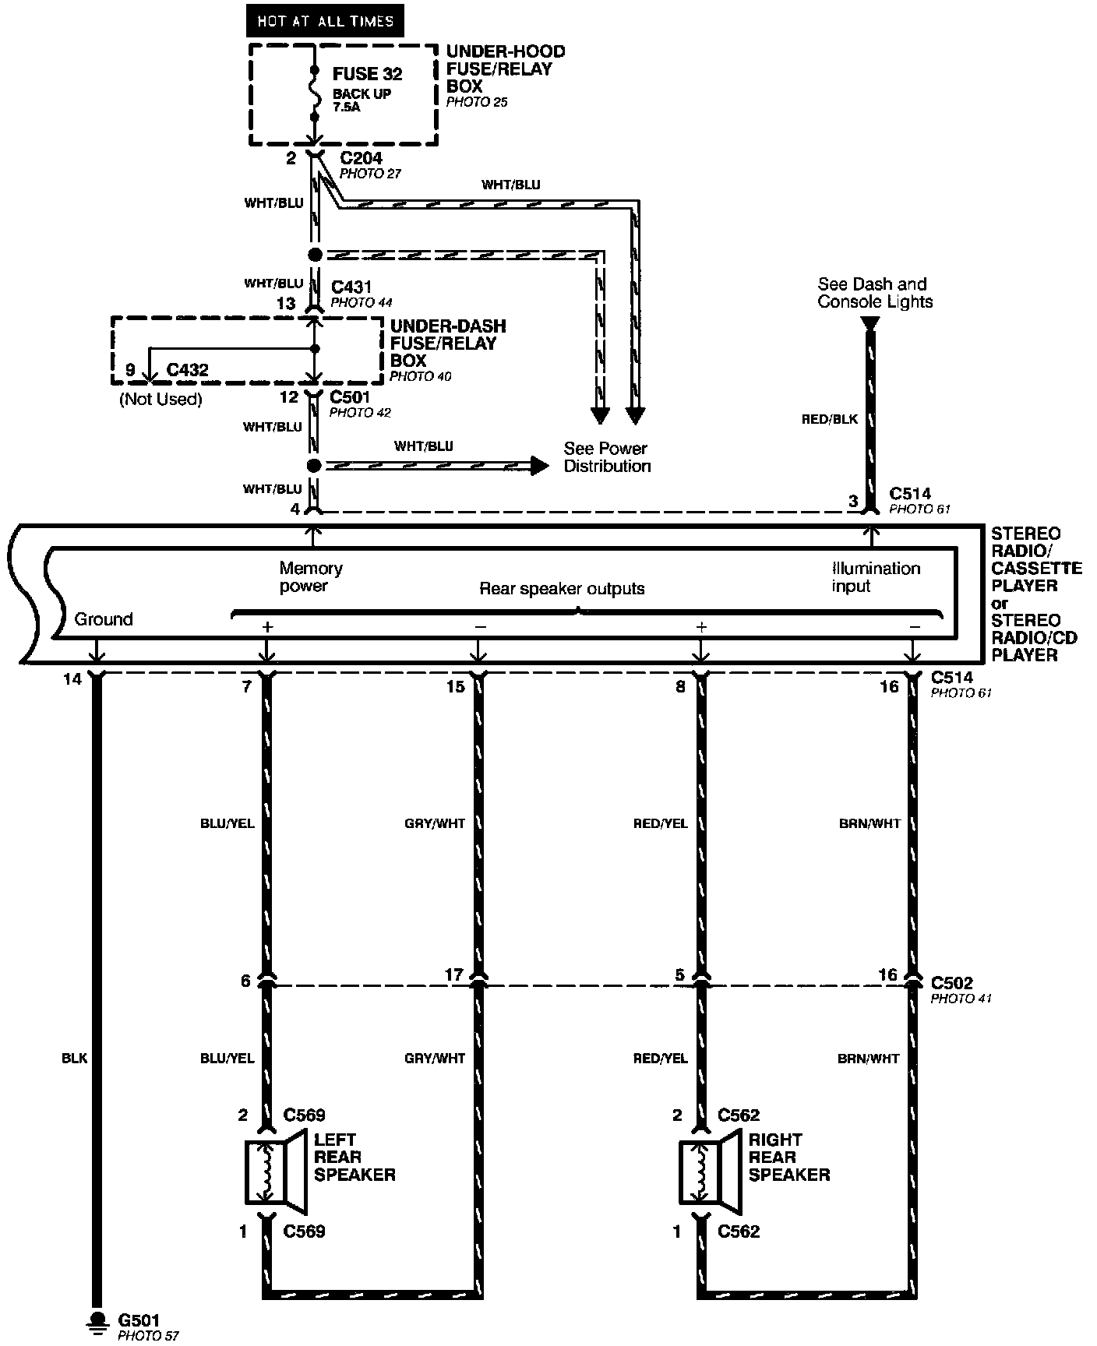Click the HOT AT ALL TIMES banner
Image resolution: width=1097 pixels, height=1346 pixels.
click(x=325, y=21)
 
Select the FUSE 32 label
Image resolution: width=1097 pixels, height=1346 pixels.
click(x=367, y=74)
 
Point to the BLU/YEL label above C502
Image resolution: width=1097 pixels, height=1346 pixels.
click(x=226, y=823)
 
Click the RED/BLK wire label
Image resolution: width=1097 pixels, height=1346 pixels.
click(x=830, y=419)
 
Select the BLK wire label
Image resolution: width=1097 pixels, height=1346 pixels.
click(x=75, y=1059)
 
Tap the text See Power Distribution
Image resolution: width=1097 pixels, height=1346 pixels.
click(x=607, y=457)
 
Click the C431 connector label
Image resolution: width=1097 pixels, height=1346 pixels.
click(x=351, y=287)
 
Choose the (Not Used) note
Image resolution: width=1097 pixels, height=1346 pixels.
click(x=160, y=400)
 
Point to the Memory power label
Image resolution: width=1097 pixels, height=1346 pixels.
click(x=311, y=577)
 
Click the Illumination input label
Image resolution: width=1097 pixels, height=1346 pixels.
click(x=876, y=577)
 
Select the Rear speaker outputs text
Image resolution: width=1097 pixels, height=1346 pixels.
click(x=562, y=589)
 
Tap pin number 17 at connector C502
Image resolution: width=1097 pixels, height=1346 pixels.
click(x=453, y=974)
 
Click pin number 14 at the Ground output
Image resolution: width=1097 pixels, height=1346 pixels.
click(x=72, y=680)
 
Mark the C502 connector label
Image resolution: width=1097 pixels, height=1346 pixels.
click(x=952, y=984)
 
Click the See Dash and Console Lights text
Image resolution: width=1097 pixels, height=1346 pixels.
click(x=874, y=293)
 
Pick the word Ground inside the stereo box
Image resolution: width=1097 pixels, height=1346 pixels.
click(x=104, y=619)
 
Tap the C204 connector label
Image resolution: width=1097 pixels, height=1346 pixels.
click(x=362, y=158)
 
